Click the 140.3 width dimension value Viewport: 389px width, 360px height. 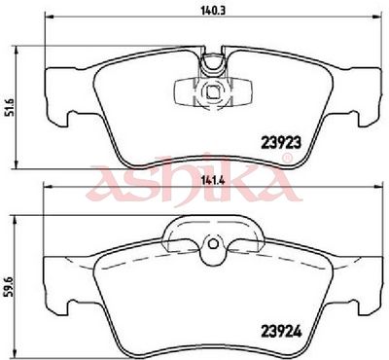[213, 10]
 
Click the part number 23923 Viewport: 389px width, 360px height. [281, 142]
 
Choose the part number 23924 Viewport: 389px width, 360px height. [281, 332]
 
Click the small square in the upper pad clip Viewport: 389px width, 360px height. [212, 92]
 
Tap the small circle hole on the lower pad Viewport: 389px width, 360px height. [213, 244]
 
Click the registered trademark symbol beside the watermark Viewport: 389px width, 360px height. [288, 159]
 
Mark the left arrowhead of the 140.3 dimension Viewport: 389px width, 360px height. [48, 17]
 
